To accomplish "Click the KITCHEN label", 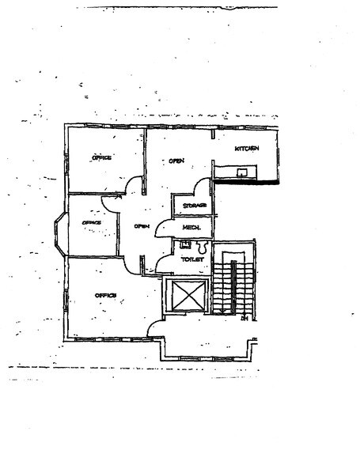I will click(247, 149).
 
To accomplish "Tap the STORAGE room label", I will click(194, 206).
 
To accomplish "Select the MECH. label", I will click(191, 228).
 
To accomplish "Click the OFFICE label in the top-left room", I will click(101, 158).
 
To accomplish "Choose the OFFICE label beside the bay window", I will click(93, 223).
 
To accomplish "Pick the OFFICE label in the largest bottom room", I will click(105, 296).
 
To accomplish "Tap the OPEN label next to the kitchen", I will click(176, 161).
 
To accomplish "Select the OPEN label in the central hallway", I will click(142, 227).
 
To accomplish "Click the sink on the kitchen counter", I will click(243, 172).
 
